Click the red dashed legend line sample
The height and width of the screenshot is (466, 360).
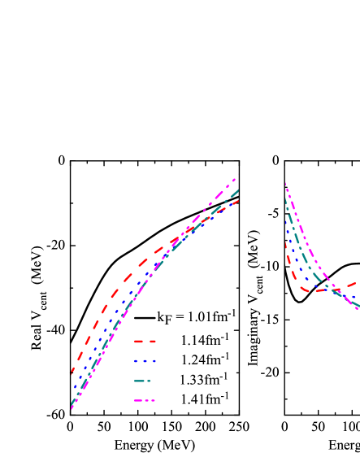point(145,342)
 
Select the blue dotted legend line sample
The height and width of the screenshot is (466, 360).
point(145,361)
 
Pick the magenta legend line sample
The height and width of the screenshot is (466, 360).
point(145,400)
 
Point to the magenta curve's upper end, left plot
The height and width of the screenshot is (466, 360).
point(235,179)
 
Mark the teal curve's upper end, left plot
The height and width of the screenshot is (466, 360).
point(237,191)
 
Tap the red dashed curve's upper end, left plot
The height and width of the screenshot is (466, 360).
point(238,201)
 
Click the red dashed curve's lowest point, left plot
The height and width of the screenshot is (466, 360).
point(72,371)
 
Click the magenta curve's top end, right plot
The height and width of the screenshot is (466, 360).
point(285,184)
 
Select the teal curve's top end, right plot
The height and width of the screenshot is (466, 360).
point(285,197)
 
